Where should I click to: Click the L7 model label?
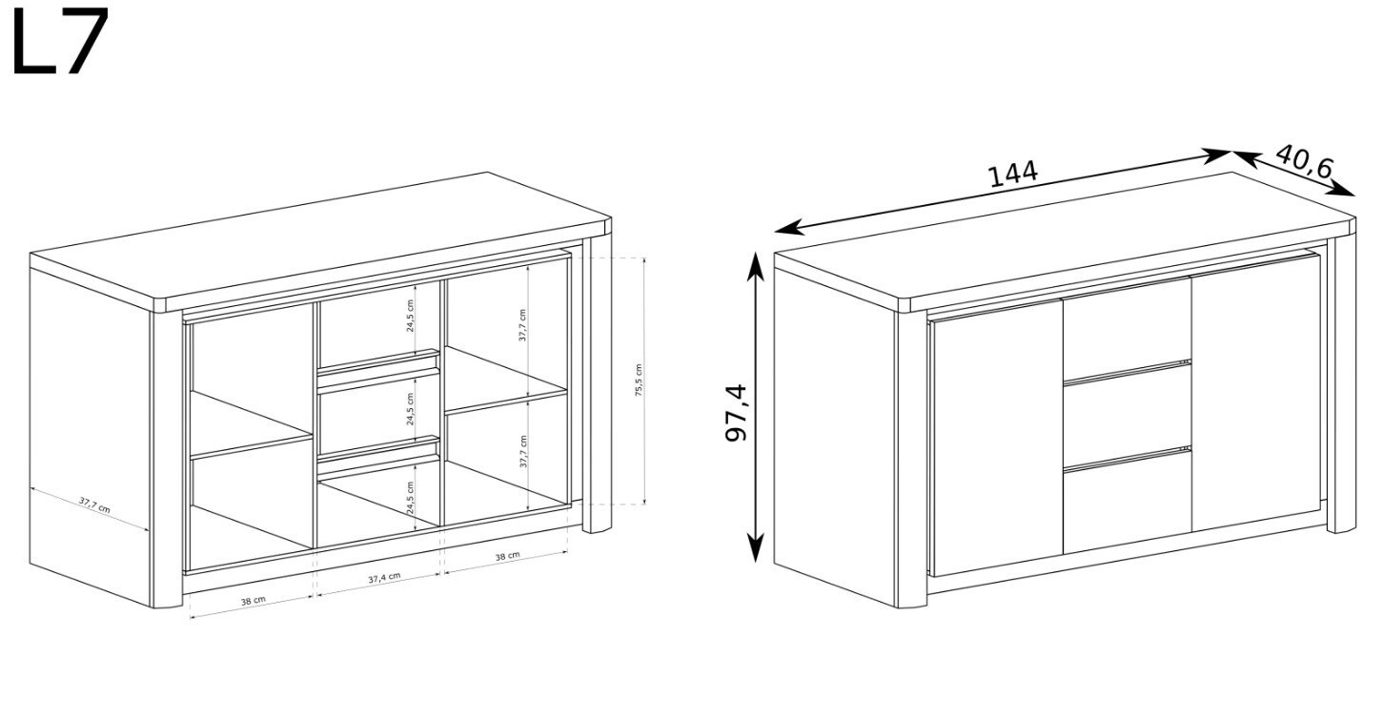[60, 41]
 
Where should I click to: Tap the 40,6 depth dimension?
[1304, 162]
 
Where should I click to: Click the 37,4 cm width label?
[384, 578]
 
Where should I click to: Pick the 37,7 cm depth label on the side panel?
[94, 505]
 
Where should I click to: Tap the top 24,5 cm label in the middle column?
[410, 316]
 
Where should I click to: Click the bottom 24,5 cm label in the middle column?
[411, 498]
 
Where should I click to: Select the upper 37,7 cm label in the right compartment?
[522, 325]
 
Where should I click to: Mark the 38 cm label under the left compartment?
[254, 600]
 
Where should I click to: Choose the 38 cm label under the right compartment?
[507, 556]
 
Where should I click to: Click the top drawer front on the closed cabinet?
[1127, 328]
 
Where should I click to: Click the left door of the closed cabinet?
[998, 439]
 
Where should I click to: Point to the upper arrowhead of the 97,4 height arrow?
[755, 264]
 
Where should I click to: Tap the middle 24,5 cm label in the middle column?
[411, 409]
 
